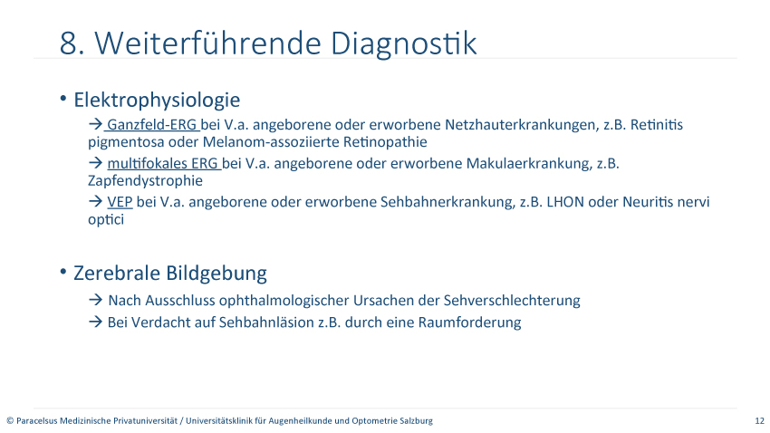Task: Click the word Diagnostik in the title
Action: (403, 43)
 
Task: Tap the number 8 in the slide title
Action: (68, 43)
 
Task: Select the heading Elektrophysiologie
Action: (157, 101)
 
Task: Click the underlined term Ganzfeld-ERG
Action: (151, 125)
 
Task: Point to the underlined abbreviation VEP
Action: (120, 202)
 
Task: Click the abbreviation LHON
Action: (565, 202)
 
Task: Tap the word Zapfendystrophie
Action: (145, 180)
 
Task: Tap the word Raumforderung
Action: (469, 322)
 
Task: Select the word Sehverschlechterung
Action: (512, 300)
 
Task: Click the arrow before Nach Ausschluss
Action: (95, 300)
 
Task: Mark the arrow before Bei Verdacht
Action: (95, 322)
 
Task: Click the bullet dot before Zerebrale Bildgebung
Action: (63, 272)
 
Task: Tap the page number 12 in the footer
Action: (760, 420)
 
